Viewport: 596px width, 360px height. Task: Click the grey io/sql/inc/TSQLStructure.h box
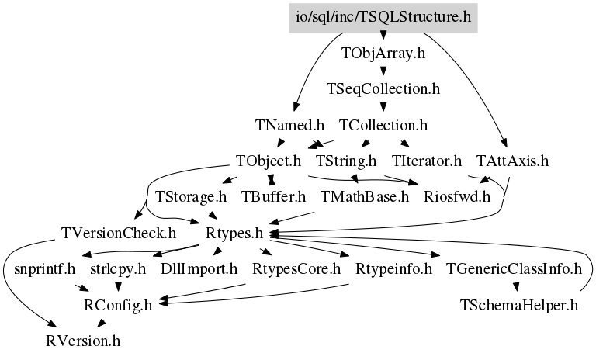point(382,16)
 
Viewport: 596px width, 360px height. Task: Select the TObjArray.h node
point(383,55)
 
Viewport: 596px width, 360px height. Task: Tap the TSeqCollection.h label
point(383,89)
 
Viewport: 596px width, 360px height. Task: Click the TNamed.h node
point(289,124)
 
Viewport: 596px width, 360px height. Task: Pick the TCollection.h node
point(383,124)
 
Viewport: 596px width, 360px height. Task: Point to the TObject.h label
point(268,161)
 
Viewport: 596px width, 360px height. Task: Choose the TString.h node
point(346,161)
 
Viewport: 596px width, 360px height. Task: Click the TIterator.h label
point(427,161)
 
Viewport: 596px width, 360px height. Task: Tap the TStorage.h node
point(191,196)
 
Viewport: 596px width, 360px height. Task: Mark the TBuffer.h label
point(274,196)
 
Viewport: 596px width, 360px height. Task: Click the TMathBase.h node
point(364,196)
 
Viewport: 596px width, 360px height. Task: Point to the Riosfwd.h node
point(458,196)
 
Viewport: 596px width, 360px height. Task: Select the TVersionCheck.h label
point(118,232)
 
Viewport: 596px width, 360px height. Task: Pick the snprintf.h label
point(44,269)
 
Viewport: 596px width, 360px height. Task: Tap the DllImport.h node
point(199,269)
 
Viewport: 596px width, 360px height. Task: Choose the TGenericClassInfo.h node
point(514,269)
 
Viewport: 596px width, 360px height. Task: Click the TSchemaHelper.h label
point(519,304)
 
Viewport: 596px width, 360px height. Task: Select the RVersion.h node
point(82,340)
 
